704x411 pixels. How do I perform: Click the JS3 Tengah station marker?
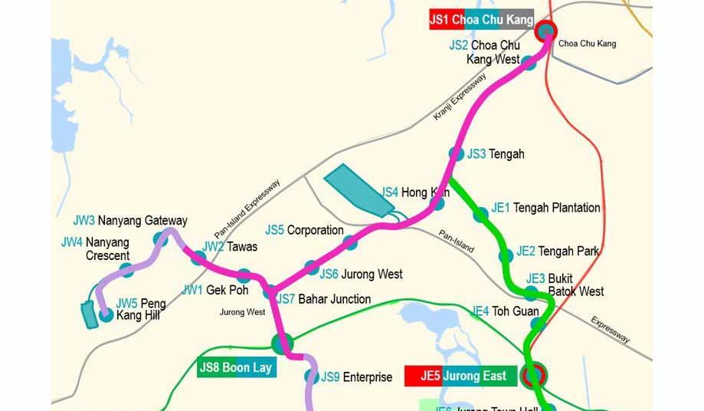[x=457, y=153]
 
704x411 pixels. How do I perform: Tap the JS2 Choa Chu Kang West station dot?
[x=529, y=62]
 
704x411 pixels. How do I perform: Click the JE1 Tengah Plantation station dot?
[x=480, y=215]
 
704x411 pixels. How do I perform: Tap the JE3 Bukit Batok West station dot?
[x=531, y=292]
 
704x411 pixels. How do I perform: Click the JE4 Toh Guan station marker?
[x=538, y=324]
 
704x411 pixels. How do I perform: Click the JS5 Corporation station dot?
[x=350, y=242]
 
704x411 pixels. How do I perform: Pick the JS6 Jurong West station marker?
[x=311, y=267]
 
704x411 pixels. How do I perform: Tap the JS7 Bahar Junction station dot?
[x=271, y=292]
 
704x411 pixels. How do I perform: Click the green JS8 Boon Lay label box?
[x=235, y=368]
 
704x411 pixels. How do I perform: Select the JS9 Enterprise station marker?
[x=310, y=376]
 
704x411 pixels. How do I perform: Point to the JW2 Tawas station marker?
[x=198, y=257]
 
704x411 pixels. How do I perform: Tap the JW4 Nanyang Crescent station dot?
[x=127, y=270]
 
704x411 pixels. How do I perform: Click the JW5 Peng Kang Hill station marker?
[x=106, y=313]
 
